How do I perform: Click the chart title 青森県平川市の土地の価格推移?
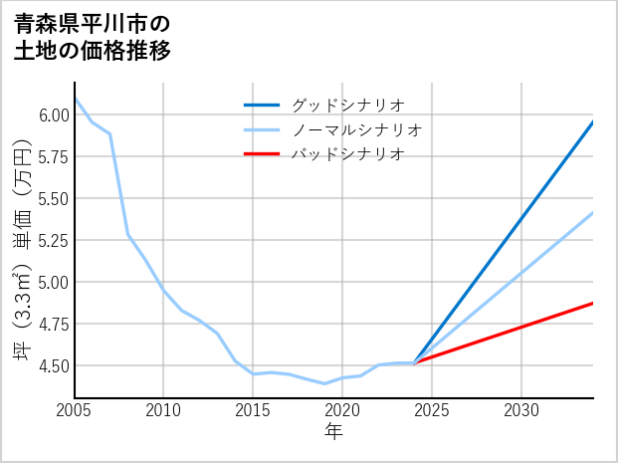(x=92, y=37)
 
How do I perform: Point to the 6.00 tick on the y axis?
(x=54, y=115)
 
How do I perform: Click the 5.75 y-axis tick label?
(x=54, y=156)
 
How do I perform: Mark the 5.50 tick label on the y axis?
(x=54, y=198)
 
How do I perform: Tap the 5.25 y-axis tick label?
(x=54, y=240)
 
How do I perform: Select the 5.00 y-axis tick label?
(x=54, y=282)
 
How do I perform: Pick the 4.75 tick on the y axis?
(x=54, y=324)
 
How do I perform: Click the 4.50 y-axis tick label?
(x=54, y=365)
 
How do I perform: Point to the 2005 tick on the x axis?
(x=75, y=410)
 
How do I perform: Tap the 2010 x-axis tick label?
(x=164, y=410)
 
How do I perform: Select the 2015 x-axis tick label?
(x=254, y=410)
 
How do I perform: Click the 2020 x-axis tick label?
(x=342, y=410)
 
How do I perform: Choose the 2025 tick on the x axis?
(x=432, y=410)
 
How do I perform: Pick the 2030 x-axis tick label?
(x=521, y=410)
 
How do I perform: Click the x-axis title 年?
(x=334, y=432)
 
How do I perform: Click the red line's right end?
(x=592, y=303)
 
